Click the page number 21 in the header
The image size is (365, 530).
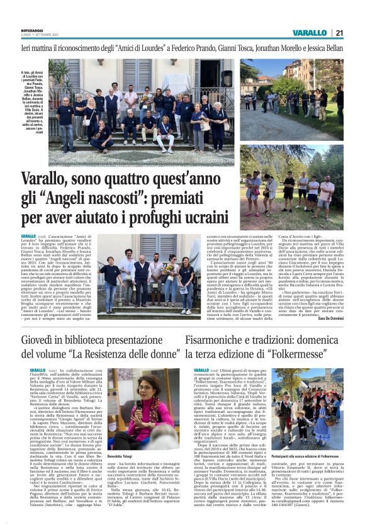(339, 33)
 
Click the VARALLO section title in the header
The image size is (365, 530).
(310, 33)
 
